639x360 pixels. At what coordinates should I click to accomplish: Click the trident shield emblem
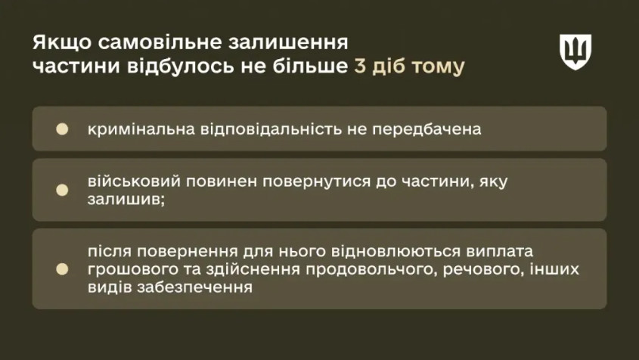(575, 51)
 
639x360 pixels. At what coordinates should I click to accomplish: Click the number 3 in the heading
(359, 66)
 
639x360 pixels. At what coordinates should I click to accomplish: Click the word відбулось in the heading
(181, 66)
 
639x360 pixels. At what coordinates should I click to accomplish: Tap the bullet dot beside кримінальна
(62, 129)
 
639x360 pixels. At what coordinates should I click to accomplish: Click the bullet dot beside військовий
(62, 190)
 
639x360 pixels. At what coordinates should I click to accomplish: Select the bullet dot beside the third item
(62, 269)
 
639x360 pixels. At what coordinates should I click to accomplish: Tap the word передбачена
(427, 129)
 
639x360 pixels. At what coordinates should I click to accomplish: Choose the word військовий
(134, 182)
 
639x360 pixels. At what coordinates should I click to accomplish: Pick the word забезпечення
(194, 287)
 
